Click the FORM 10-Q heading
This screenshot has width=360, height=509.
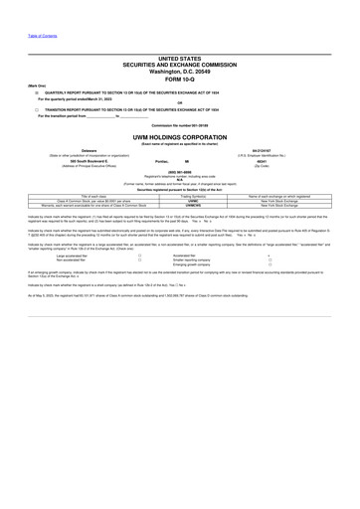click(179, 82)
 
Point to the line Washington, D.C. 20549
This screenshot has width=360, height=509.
click(179, 73)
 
